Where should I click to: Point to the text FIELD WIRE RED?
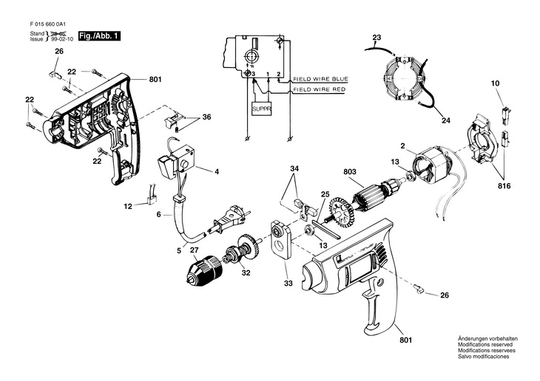pyautogui.click(x=320, y=89)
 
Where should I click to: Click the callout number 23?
pyautogui.click(x=377, y=37)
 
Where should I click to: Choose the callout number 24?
pyautogui.click(x=446, y=120)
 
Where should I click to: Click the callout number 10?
pyautogui.click(x=496, y=85)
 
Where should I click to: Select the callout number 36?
pyautogui.click(x=206, y=117)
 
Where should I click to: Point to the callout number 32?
pyautogui.click(x=246, y=272)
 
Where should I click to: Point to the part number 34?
pyautogui.click(x=295, y=169)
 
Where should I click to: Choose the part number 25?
pyautogui.click(x=324, y=193)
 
